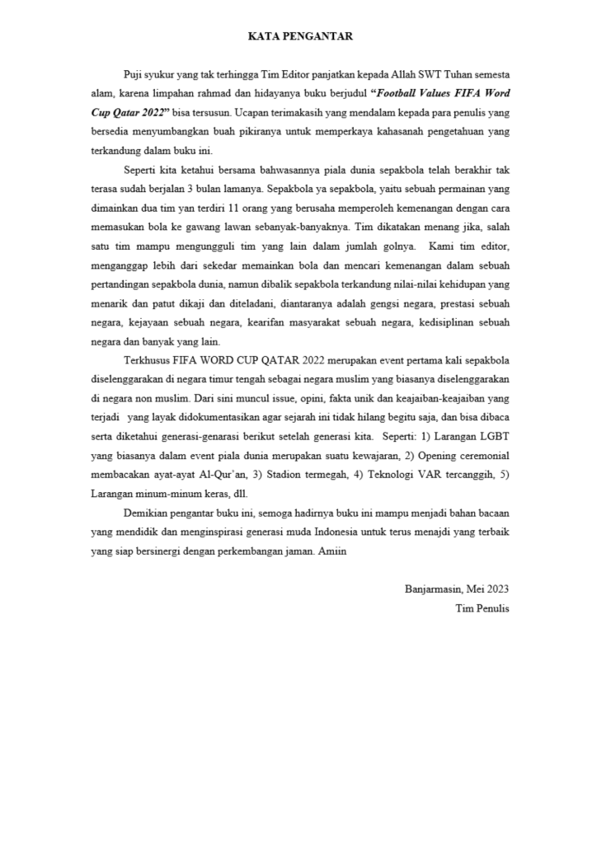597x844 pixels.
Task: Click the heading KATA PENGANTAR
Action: (x=300, y=36)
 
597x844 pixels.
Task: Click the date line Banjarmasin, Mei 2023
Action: (x=457, y=589)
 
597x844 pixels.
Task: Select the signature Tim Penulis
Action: (x=482, y=608)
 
